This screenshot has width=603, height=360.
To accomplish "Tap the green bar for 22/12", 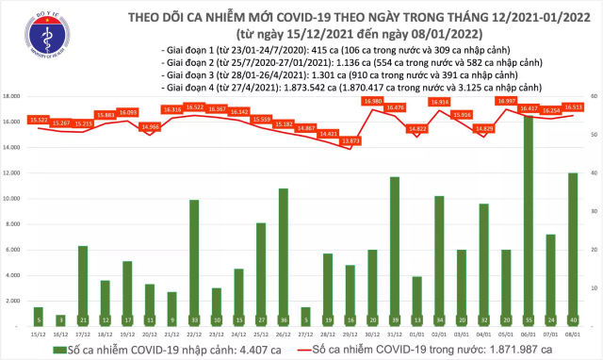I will click(x=194, y=263).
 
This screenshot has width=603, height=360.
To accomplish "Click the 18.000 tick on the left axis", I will click(x=13, y=96).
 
